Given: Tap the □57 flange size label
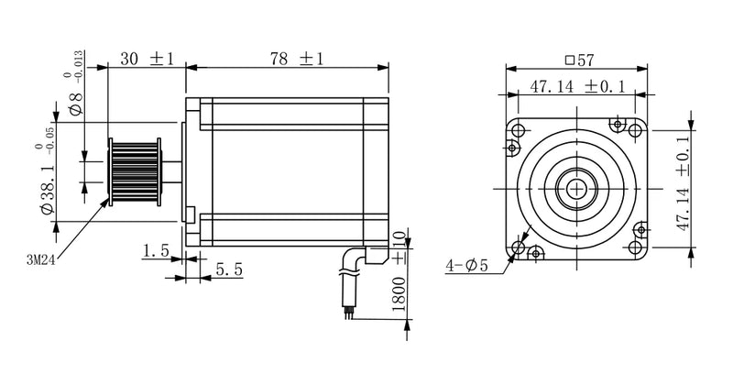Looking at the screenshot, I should [579, 60].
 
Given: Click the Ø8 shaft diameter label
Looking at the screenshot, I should [78, 100].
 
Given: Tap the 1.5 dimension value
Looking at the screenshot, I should [156, 249].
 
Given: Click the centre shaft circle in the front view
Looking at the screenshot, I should [577, 188].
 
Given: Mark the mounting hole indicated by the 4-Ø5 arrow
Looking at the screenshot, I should [521, 247].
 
